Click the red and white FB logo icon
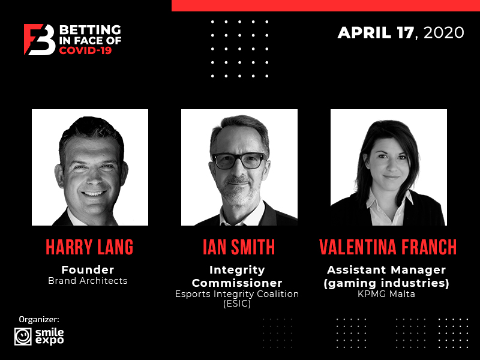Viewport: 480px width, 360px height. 40,40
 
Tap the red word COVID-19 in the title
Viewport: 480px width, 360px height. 85,50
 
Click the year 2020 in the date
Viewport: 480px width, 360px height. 444,33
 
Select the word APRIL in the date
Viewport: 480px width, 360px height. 364,33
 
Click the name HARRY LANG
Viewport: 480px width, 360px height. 89,247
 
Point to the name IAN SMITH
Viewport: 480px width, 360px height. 239,247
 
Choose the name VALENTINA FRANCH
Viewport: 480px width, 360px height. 388,247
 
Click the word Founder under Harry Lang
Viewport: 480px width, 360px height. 88,269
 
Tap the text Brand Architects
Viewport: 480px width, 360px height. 88,281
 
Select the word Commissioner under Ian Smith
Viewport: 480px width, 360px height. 237,283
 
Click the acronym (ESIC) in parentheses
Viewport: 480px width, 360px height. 237,304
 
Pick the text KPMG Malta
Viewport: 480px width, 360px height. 386,294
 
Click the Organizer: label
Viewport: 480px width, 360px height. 39,320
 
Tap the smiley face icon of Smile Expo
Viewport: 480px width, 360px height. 23,337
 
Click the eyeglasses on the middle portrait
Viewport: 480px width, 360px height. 238,160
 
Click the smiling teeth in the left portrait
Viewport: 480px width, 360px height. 94,193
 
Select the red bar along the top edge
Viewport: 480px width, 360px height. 326,5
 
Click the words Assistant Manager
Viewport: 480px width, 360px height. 386,269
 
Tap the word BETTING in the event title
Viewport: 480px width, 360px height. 90,30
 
